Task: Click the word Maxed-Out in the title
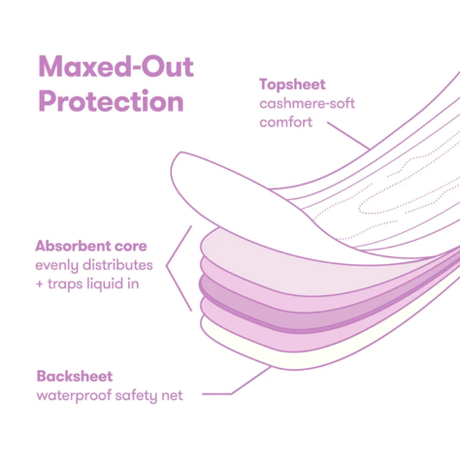pyautogui.click(x=116, y=67)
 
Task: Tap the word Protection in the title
pyautogui.click(x=111, y=101)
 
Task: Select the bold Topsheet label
pyautogui.click(x=292, y=85)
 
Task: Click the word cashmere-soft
pyautogui.click(x=307, y=103)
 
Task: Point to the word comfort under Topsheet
pyautogui.click(x=286, y=122)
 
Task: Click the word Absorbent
pyautogui.click(x=73, y=246)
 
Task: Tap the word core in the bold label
pyautogui.click(x=131, y=246)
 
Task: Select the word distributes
pyautogui.click(x=117, y=265)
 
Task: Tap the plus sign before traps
pyautogui.click(x=40, y=284)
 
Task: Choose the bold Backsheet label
pyautogui.click(x=74, y=376)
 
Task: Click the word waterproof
pyautogui.click(x=74, y=396)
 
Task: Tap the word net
pyautogui.click(x=173, y=396)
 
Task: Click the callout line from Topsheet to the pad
pyautogui.click(x=348, y=136)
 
